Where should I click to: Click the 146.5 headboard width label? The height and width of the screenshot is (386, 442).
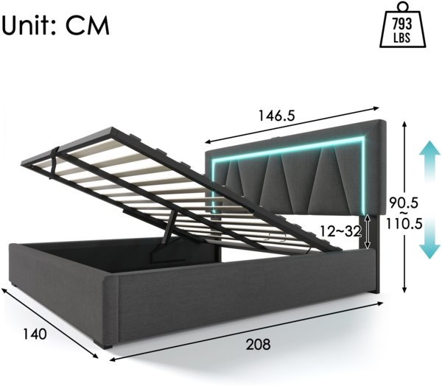click(x=276, y=116)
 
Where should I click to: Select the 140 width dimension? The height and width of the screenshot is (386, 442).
click(x=34, y=333)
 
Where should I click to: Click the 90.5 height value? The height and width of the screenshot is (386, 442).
click(x=404, y=201)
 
